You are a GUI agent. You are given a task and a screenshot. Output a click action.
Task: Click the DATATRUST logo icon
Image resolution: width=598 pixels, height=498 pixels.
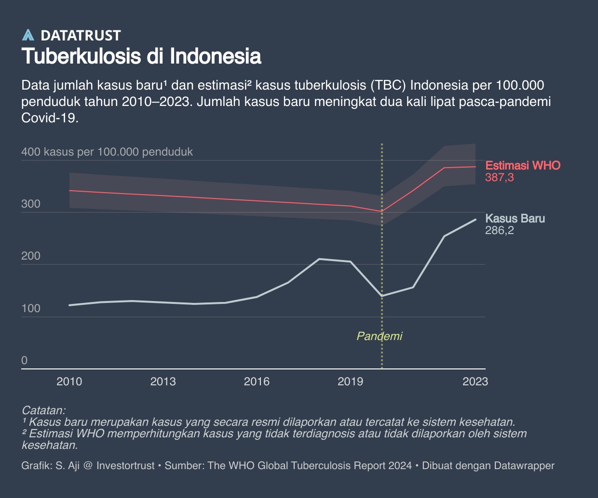(x=28, y=35)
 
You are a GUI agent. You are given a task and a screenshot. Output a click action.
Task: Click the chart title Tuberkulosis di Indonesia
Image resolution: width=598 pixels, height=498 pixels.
(x=141, y=56)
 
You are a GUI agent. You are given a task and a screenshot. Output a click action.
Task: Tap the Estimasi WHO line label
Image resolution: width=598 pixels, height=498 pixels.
(x=523, y=166)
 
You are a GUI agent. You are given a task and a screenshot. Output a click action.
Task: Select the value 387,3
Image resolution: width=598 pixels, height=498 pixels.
(x=500, y=178)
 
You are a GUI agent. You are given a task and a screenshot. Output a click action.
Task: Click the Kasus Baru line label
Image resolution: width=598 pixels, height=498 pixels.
(x=515, y=219)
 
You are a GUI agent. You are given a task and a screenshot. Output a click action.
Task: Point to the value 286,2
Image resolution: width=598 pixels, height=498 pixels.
(x=500, y=231)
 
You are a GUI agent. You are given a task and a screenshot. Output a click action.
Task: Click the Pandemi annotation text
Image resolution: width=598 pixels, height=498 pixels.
(x=379, y=336)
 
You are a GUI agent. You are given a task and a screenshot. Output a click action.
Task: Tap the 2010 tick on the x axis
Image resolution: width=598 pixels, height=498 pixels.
(x=69, y=382)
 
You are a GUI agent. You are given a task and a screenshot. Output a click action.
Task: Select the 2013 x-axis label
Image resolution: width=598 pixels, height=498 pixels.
(x=163, y=382)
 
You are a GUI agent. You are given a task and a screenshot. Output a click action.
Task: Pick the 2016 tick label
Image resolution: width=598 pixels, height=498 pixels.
(x=257, y=382)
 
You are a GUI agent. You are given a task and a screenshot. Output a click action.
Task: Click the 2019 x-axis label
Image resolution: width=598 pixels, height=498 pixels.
(x=350, y=382)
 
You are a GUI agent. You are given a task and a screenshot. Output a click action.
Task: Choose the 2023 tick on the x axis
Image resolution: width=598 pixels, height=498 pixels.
(x=475, y=382)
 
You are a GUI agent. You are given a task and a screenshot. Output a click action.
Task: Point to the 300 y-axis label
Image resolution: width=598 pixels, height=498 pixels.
(x=31, y=204)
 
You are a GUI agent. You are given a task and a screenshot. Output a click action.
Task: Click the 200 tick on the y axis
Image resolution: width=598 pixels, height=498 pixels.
(x=31, y=256)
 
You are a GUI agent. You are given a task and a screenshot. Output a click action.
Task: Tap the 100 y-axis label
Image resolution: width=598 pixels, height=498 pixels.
(x=31, y=309)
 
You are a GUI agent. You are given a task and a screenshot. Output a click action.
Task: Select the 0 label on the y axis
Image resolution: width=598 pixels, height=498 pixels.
(x=25, y=361)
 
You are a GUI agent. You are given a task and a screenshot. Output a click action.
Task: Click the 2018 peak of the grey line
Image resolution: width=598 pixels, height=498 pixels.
(x=319, y=259)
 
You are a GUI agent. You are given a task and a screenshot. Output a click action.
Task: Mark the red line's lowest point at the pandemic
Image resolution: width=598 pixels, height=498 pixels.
(x=381, y=211)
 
